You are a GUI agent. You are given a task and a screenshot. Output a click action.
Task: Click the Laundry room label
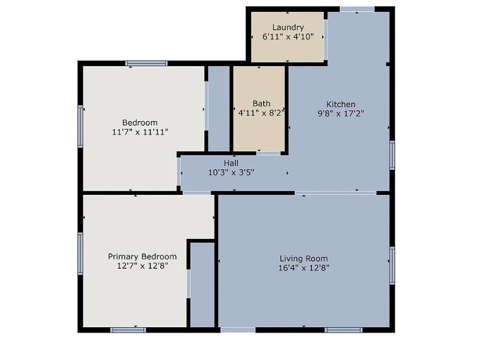coord(288,28)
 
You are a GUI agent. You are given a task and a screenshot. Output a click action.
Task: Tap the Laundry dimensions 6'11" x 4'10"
coord(288,37)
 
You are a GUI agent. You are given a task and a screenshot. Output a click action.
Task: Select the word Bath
coord(261,104)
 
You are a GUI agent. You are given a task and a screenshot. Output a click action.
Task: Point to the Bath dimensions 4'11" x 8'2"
coord(261,113)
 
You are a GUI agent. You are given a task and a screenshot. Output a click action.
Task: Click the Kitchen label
coord(341,105)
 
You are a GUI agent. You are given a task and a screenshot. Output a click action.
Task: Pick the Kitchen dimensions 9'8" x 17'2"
coord(341,114)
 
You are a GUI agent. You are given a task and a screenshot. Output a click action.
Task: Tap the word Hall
coord(231,164)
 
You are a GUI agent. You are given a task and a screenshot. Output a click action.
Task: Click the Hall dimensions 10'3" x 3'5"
coord(231,173)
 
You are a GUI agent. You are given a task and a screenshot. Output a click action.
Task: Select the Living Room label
coord(304,258)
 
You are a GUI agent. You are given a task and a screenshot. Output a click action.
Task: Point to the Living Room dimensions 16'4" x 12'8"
coord(304,268)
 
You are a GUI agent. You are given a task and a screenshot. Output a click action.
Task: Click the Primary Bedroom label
coord(142,256)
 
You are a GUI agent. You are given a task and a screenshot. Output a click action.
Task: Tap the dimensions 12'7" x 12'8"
coord(142,266)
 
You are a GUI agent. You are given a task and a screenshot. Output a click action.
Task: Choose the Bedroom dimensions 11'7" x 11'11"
coord(140,132)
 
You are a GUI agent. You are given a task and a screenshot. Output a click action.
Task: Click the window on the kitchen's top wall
coord(357,9)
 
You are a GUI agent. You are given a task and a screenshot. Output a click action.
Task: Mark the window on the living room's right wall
coord(392,265)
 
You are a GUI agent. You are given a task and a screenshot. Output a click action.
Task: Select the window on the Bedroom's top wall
coord(147,64)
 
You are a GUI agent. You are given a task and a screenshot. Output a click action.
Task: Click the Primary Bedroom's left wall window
coord(80,253)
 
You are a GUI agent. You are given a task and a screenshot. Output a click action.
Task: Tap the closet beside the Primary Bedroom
coord(202,285)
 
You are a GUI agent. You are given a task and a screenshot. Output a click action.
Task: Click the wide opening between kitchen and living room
coord(336,193)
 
